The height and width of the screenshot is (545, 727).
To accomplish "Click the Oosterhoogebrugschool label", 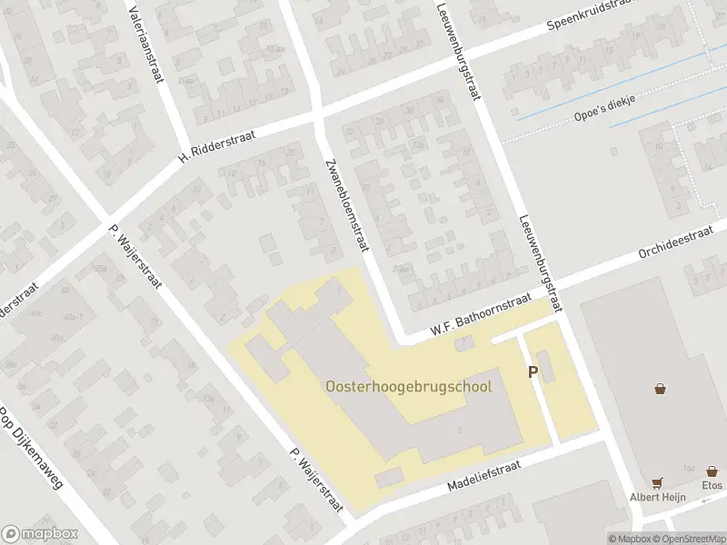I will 408,386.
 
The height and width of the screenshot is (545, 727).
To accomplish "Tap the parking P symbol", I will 533,372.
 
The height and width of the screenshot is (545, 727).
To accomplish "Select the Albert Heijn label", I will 656,497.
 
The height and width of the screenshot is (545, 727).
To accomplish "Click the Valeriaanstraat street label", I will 146,43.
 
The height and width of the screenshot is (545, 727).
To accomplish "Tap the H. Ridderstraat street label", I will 217,145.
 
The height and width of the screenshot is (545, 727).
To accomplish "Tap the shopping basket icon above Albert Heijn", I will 660,389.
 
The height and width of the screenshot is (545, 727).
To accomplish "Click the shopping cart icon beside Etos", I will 656,483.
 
